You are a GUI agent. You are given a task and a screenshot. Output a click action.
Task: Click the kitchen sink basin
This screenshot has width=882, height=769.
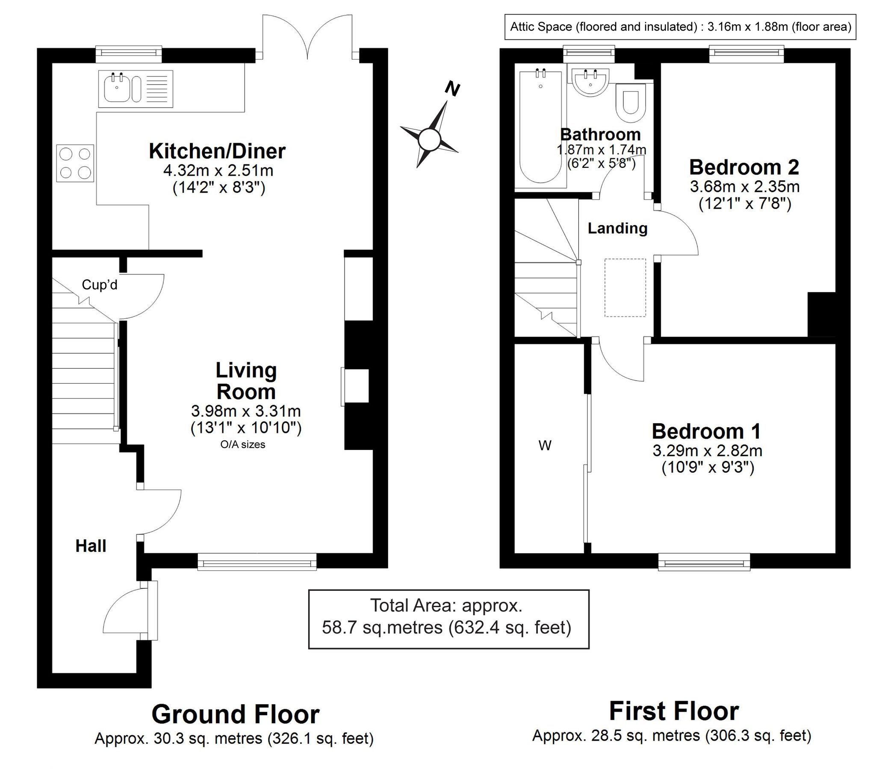point(116,88)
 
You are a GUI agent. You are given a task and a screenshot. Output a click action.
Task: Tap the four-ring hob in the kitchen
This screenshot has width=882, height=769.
point(75,163)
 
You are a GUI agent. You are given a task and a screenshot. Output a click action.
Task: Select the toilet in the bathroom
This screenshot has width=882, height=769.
point(630,103)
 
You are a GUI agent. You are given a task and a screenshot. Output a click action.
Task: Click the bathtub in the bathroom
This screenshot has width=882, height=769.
point(540,127)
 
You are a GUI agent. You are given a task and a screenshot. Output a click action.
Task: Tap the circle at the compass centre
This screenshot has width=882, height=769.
point(429,140)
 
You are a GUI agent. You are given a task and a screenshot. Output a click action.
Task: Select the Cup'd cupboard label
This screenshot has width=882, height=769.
point(100,285)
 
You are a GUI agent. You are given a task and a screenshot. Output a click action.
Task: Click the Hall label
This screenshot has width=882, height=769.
point(91,546)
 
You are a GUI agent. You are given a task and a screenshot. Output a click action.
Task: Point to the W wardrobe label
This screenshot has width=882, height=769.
point(545,446)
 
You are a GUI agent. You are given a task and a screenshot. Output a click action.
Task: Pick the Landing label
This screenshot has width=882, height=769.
point(617,228)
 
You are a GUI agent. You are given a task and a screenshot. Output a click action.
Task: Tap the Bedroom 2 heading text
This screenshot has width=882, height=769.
point(744,167)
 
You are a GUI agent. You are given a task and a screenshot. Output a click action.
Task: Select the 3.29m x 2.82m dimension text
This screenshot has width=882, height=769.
point(708,451)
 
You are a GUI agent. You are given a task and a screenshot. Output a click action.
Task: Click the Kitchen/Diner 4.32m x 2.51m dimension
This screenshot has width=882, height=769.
point(218,170)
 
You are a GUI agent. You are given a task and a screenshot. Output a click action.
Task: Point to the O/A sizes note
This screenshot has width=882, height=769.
point(243,445)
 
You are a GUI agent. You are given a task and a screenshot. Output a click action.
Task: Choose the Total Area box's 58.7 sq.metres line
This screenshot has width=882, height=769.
point(447,628)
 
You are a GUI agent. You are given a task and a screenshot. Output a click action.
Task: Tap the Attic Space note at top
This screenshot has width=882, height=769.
point(681,27)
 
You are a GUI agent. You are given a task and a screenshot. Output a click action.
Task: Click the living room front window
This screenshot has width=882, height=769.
point(257,562)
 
